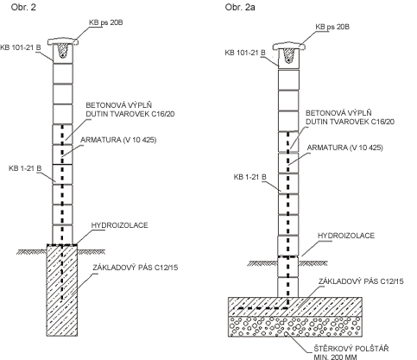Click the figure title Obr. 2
click(x=23, y=7)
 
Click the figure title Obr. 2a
click(x=240, y=7)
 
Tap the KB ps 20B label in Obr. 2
click(x=106, y=22)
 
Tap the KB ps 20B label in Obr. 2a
click(x=332, y=27)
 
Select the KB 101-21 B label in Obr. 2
click(x=21, y=47)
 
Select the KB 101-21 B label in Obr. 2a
click(x=245, y=53)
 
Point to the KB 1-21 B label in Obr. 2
click(x=25, y=168)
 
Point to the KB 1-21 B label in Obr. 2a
click(x=250, y=177)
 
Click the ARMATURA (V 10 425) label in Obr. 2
click(x=118, y=140)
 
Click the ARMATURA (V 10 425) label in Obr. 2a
click(x=344, y=148)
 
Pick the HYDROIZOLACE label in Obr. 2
click(x=119, y=225)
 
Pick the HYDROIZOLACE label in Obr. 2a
click(x=346, y=236)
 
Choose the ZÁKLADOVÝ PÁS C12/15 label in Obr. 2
click(x=135, y=268)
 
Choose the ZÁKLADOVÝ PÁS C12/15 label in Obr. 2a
click(x=361, y=281)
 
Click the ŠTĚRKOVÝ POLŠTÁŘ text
click(x=351, y=349)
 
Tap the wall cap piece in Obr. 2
click(x=63, y=41)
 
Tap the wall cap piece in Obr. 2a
click(x=288, y=46)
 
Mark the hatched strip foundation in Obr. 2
click(x=62, y=290)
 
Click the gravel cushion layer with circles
click(x=295, y=326)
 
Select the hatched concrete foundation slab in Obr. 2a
click(x=295, y=306)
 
